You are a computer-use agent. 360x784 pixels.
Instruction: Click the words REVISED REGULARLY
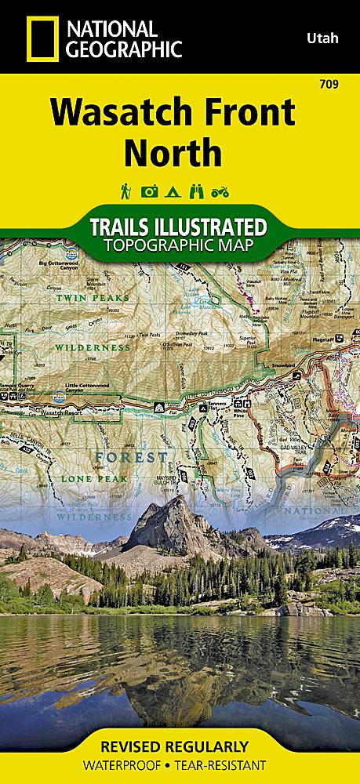click(x=180, y=745)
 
